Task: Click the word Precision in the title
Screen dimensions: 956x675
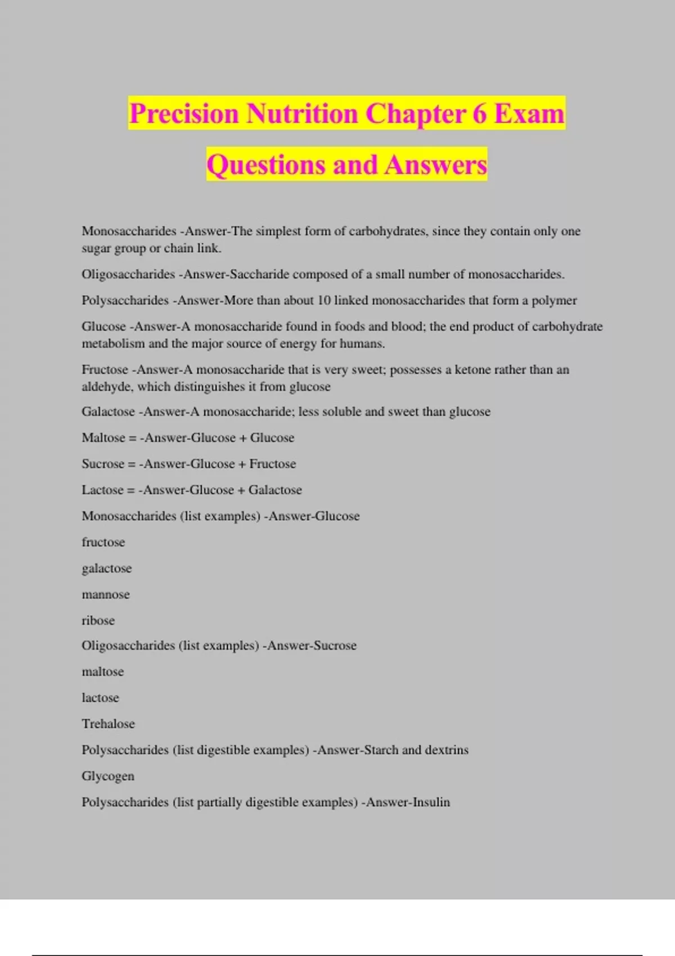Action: tap(184, 114)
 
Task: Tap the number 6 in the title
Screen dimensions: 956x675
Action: tap(479, 114)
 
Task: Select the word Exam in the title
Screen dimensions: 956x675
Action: tap(529, 114)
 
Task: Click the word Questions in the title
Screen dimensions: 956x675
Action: tap(266, 165)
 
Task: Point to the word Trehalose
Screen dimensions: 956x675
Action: tap(108, 724)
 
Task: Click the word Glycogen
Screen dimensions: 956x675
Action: tap(108, 776)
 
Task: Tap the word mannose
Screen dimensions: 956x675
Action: tap(106, 594)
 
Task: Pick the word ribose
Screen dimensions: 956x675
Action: tap(98, 620)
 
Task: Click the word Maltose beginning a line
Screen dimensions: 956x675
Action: tap(103, 438)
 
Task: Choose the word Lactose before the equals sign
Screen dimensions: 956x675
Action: tap(102, 490)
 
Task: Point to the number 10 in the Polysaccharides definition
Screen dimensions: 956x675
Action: tap(324, 300)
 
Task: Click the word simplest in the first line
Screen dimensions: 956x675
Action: tap(278, 231)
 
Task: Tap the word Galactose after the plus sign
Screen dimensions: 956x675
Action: tap(275, 490)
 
